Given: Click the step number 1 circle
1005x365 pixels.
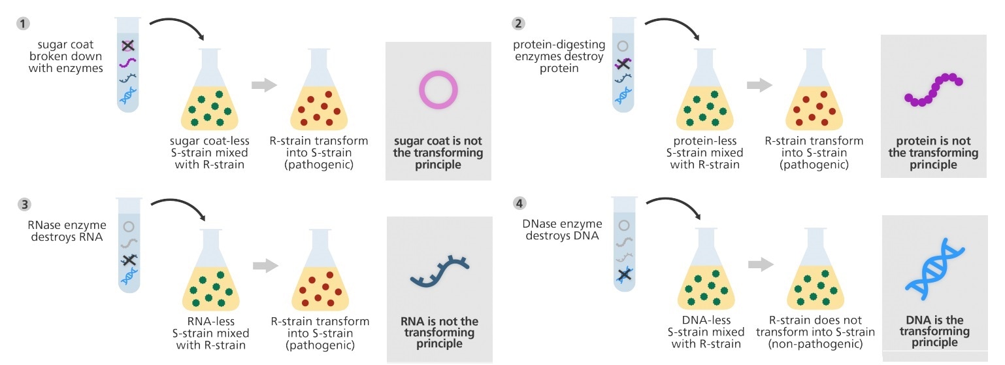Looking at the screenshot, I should click(x=24, y=24).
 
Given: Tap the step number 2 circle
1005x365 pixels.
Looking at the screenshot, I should click(x=518, y=24).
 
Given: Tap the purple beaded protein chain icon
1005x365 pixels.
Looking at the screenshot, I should click(x=934, y=90).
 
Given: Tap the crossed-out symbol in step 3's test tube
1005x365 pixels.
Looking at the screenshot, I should click(x=128, y=260).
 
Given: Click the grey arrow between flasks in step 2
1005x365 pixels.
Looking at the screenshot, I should click(x=759, y=85).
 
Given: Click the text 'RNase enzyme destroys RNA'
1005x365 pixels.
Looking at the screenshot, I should click(x=65, y=231).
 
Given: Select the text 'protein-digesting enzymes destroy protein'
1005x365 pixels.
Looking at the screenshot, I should click(x=559, y=56).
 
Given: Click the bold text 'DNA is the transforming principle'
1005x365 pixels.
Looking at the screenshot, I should click(x=934, y=331).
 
